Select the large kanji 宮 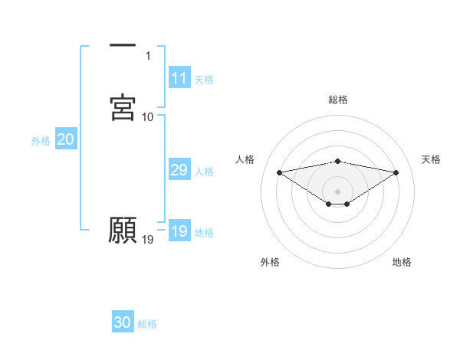(123, 106)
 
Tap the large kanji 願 (123, 230)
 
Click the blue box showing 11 (179, 78)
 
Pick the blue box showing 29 (179, 170)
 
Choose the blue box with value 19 (179, 231)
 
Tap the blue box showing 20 (65, 139)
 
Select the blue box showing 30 (123, 322)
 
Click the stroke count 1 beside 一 (149, 55)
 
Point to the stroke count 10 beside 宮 (148, 116)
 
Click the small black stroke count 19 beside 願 (148, 240)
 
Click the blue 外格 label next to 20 (41, 140)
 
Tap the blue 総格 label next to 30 (147, 323)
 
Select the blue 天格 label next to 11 (204, 79)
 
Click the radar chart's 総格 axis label (338, 100)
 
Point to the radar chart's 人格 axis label (245, 159)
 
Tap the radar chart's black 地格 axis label (402, 262)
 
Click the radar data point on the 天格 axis (396, 172)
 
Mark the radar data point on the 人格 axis (280, 172)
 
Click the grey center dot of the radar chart (338, 191)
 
